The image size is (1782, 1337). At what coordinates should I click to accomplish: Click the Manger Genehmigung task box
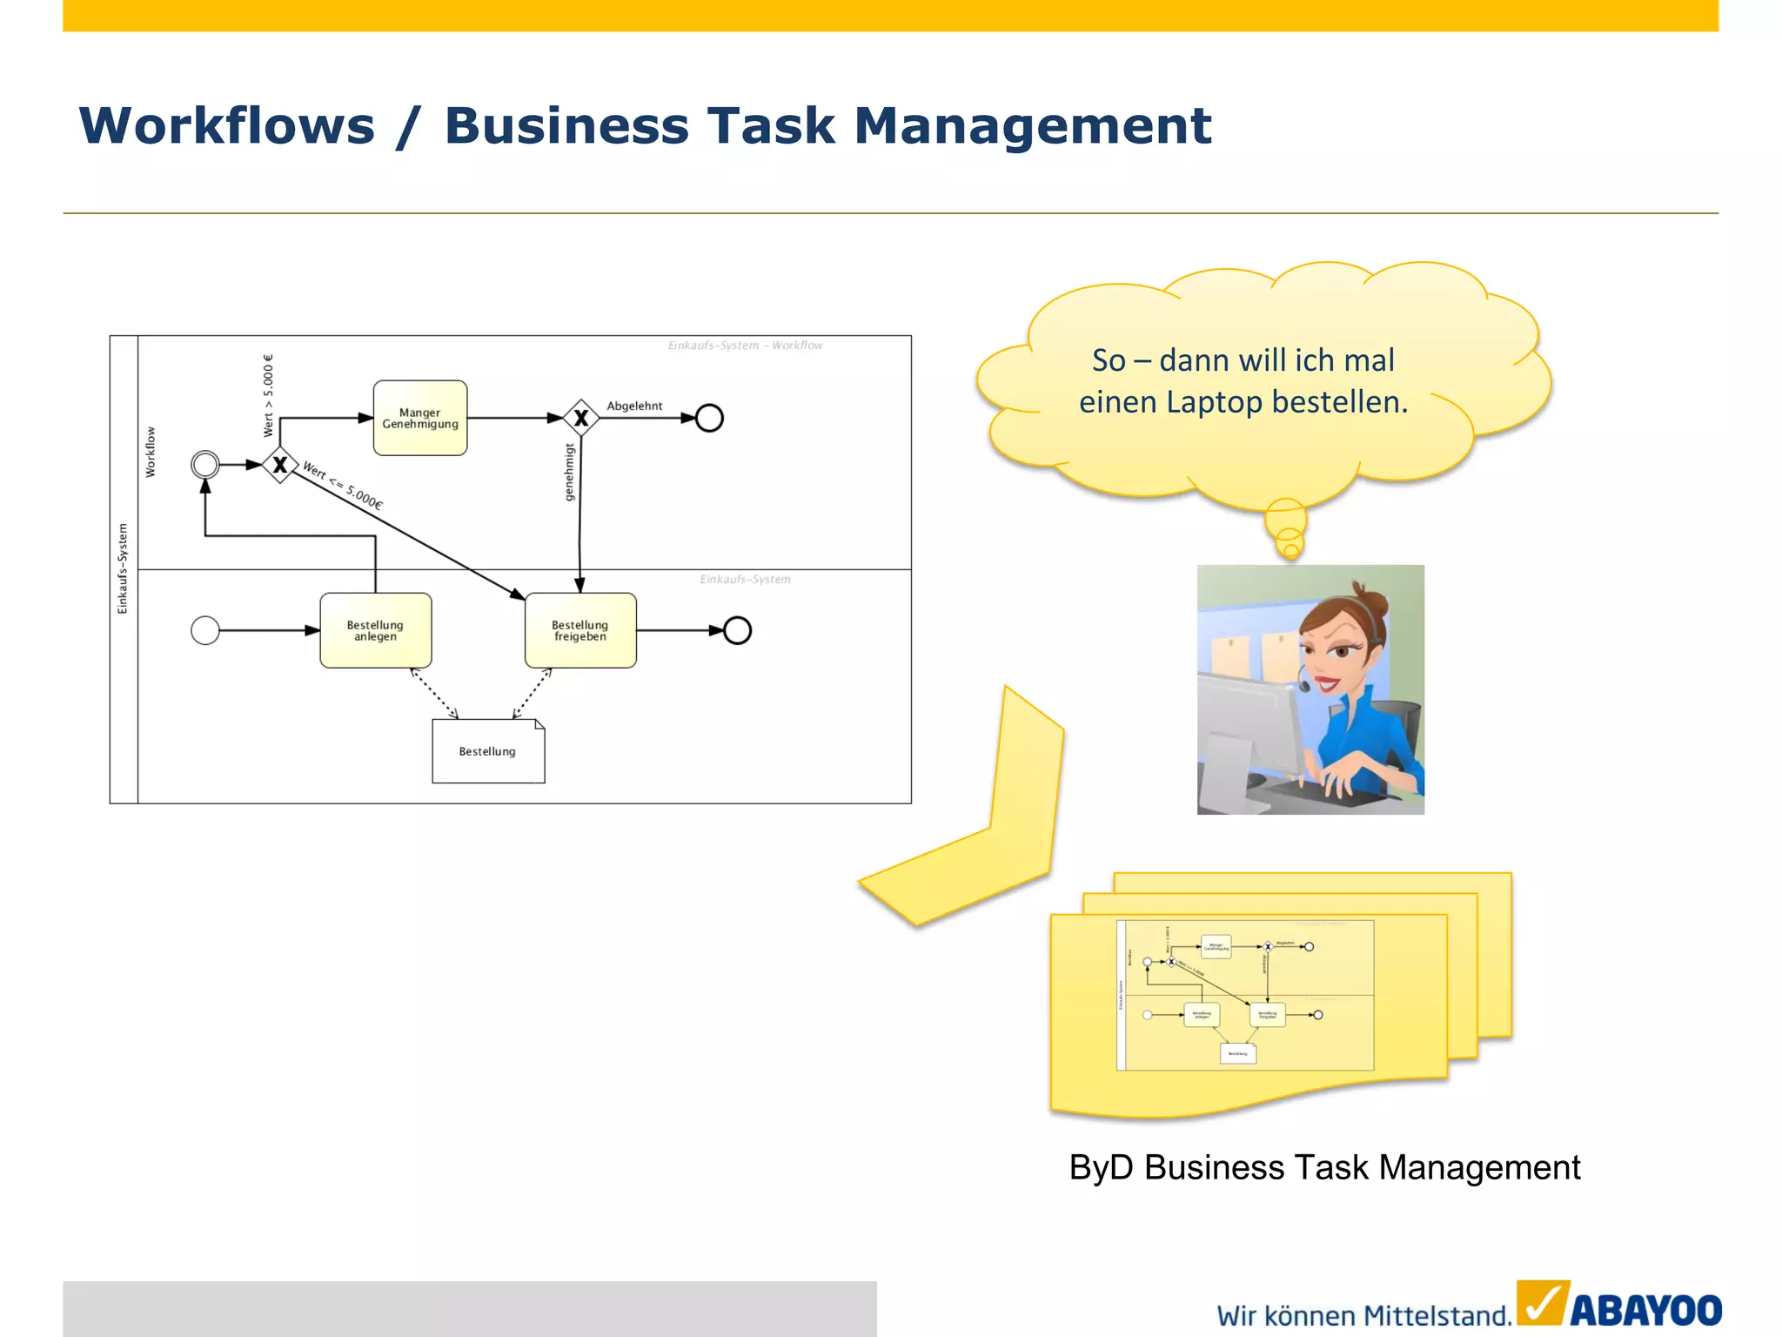tap(420, 418)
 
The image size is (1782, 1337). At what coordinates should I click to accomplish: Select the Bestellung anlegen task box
tap(375, 630)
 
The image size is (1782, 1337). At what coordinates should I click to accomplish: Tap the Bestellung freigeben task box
tap(580, 630)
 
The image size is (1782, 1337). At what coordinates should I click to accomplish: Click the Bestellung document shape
tap(488, 751)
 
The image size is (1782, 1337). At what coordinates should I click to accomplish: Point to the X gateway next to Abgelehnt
tap(581, 418)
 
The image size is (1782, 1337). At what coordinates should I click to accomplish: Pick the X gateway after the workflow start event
tap(280, 465)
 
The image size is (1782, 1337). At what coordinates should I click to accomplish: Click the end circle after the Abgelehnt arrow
tap(709, 418)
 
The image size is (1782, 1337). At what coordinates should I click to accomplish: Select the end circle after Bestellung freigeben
tap(737, 630)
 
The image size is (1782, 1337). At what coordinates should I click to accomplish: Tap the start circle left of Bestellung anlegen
tap(205, 630)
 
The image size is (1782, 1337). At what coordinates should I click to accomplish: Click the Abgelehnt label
tap(634, 406)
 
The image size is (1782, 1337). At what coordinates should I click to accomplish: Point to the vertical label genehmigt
tap(570, 473)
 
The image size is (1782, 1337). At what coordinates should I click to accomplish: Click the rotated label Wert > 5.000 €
tap(268, 395)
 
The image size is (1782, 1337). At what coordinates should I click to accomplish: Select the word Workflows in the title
tap(227, 125)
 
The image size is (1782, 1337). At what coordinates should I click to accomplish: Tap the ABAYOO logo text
tap(1645, 1311)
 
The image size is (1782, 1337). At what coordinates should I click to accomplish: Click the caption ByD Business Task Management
tap(1324, 1167)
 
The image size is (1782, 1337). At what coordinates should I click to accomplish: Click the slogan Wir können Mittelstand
tap(1363, 1315)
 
